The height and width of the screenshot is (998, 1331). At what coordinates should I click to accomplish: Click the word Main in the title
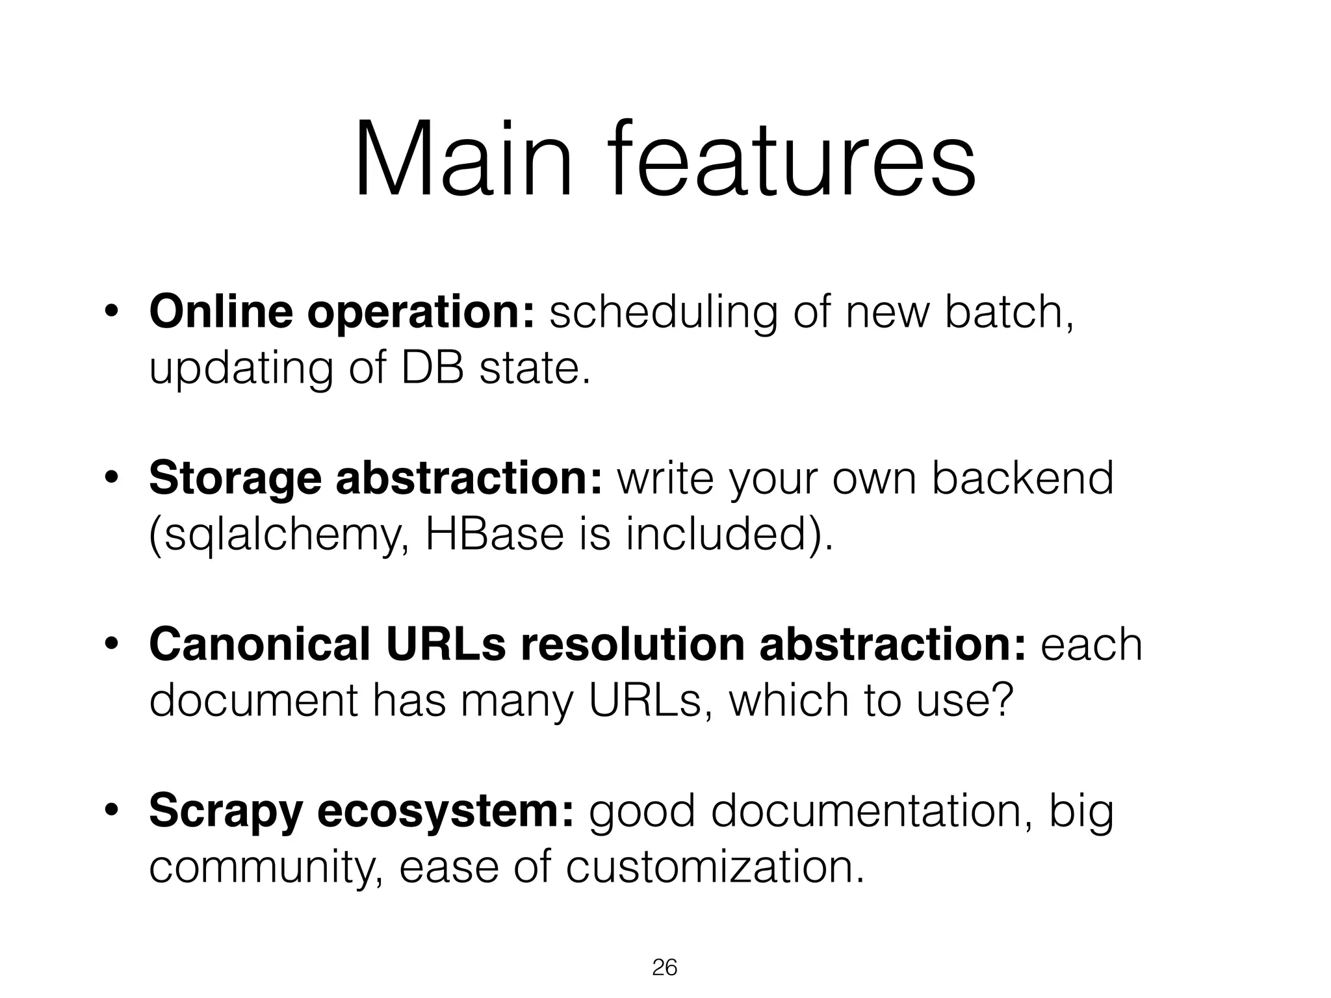[x=463, y=159]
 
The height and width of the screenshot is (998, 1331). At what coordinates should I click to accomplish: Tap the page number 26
[x=664, y=967]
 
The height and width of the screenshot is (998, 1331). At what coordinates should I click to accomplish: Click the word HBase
[x=494, y=535]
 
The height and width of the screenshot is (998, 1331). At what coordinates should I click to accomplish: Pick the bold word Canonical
[x=259, y=645]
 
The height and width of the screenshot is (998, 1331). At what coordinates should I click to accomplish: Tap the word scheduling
[x=663, y=313]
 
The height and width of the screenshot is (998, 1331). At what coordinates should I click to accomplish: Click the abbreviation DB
[x=432, y=368]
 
